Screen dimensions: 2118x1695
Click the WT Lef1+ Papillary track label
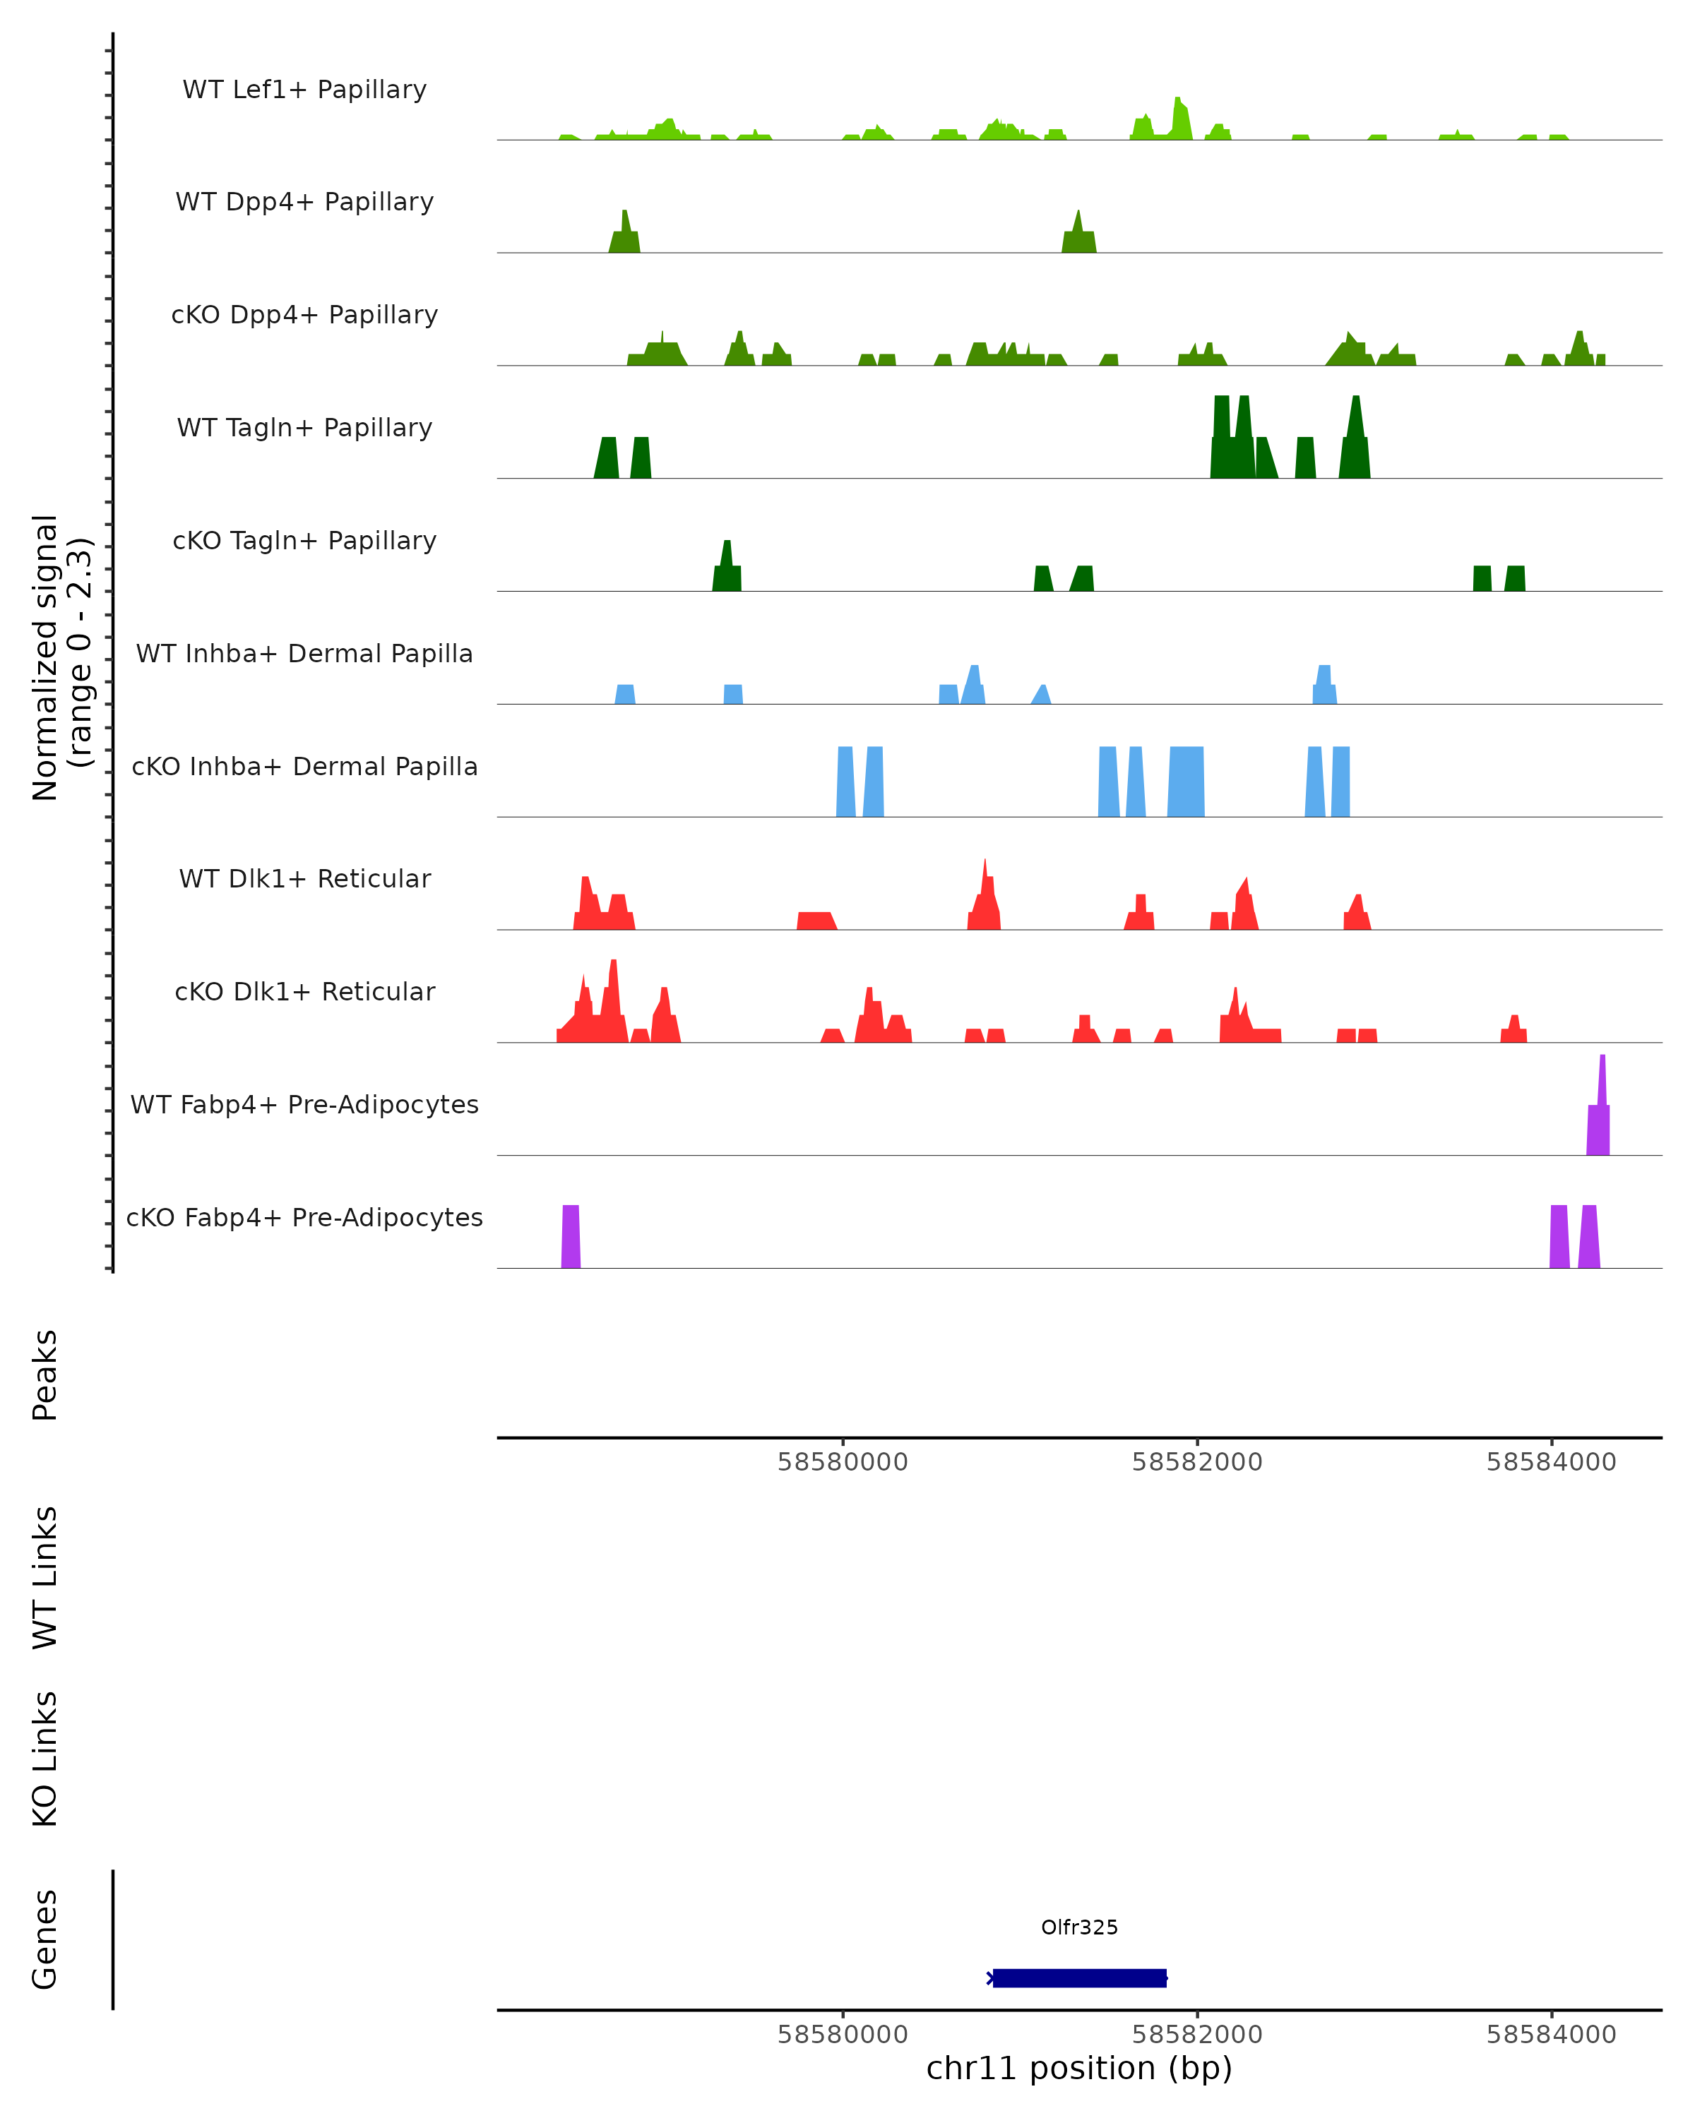pos(304,90)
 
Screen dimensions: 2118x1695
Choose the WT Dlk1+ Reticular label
pos(304,878)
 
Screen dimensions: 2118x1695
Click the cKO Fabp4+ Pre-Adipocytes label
pos(304,1217)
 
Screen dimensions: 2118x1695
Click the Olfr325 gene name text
pos(1079,1927)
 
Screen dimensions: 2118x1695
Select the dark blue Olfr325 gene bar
pos(1079,1978)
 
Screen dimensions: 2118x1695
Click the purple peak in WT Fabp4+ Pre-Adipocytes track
pos(1600,1120)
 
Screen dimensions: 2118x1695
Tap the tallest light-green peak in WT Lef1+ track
pos(1180,120)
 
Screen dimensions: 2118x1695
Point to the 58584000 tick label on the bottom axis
pos(1550,2035)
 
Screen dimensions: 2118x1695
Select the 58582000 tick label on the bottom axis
pos(1197,2035)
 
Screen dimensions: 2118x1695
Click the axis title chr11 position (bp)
pos(1079,2069)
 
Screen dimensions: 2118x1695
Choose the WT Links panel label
pos(45,1576)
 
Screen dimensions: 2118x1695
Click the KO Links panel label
pos(45,1759)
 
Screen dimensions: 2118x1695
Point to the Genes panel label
pos(45,1938)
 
